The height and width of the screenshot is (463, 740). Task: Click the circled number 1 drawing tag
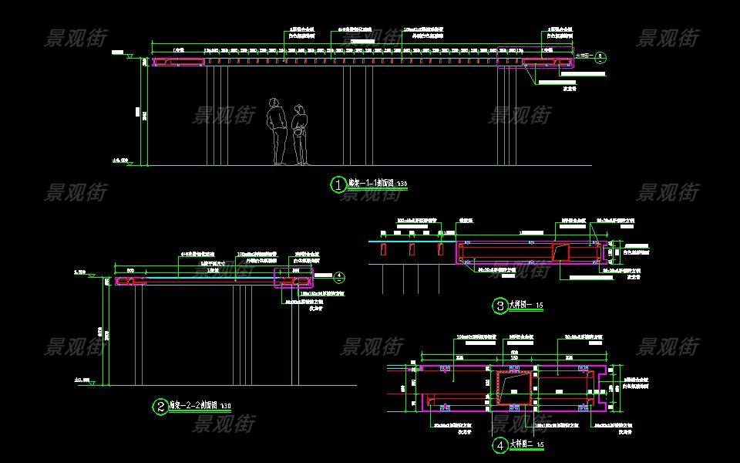tap(338, 184)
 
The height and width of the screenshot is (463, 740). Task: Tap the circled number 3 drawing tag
tap(499, 306)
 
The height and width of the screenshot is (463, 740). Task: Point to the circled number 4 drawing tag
tap(499, 445)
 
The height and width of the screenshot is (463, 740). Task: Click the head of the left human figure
tap(273, 102)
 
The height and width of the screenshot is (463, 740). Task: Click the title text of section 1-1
tap(372, 184)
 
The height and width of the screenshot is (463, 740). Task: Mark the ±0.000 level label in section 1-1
tap(119, 161)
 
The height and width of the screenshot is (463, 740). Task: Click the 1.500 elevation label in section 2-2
tap(79, 272)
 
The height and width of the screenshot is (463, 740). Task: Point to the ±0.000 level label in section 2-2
tap(81, 380)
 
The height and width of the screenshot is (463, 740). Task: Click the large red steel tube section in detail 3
tap(560, 252)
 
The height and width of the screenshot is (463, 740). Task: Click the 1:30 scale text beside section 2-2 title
tap(227, 406)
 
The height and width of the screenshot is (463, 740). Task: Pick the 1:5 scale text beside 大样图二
tap(541, 446)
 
